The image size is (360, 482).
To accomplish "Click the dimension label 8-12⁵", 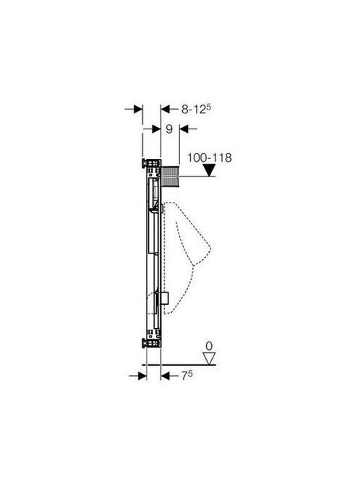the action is [x=197, y=108].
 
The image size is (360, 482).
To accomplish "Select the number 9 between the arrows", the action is [x=169, y=129].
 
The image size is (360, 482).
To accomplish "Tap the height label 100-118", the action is [x=210, y=158].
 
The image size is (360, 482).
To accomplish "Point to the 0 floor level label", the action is [x=209, y=346].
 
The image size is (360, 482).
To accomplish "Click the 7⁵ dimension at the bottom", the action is [x=187, y=375].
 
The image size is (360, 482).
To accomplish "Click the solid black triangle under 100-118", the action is [x=210, y=171].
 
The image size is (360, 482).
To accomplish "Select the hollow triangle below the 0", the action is [x=210, y=359].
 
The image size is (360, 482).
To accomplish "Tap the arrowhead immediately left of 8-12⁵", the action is [x=165, y=109].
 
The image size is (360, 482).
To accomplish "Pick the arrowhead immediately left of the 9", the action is [x=156, y=129].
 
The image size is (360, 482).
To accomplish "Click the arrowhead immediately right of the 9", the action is [x=184, y=129].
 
